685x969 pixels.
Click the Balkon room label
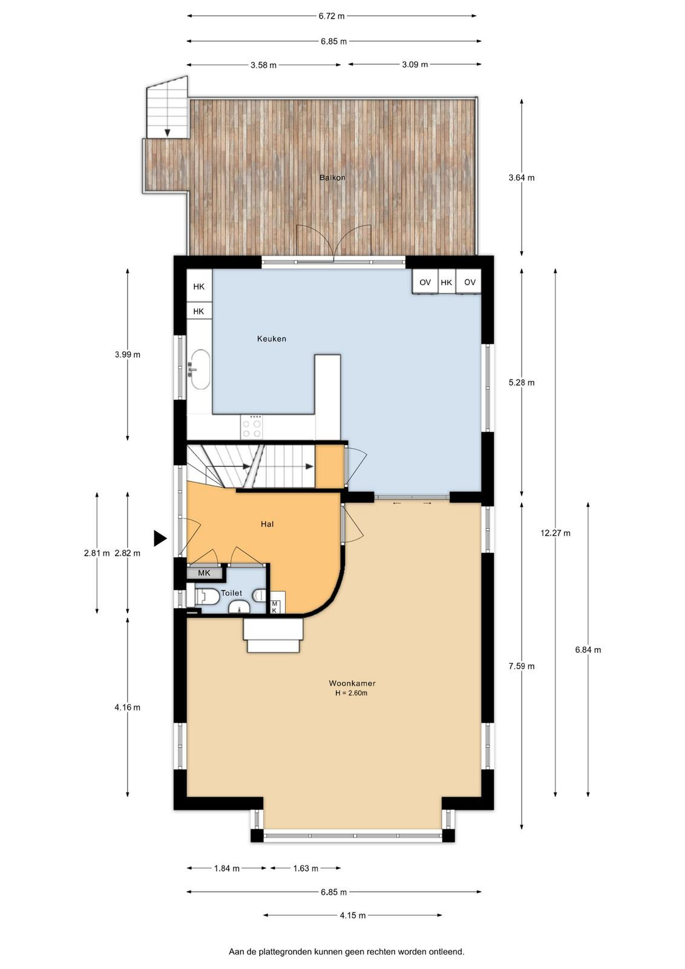coord(332,177)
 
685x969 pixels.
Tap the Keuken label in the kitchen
coord(272,339)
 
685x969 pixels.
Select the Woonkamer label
coord(352,683)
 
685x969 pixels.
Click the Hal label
coord(267,524)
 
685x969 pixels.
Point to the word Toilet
coord(232,593)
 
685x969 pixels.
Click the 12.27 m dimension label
coord(556,533)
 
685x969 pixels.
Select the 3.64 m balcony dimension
coord(522,177)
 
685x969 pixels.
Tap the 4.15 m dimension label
coord(353,915)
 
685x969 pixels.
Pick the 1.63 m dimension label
coord(306,868)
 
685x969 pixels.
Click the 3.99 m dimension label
coord(128,355)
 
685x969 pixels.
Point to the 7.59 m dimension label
coord(522,666)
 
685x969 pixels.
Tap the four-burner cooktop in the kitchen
coord(252,427)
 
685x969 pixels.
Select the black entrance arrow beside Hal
coord(160,538)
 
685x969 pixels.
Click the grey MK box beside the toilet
coord(204,573)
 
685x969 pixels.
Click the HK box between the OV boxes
coord(447,282)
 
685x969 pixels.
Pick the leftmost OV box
coord(425,282)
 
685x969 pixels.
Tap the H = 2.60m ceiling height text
coord(352,693)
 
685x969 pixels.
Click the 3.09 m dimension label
coord(415,64)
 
